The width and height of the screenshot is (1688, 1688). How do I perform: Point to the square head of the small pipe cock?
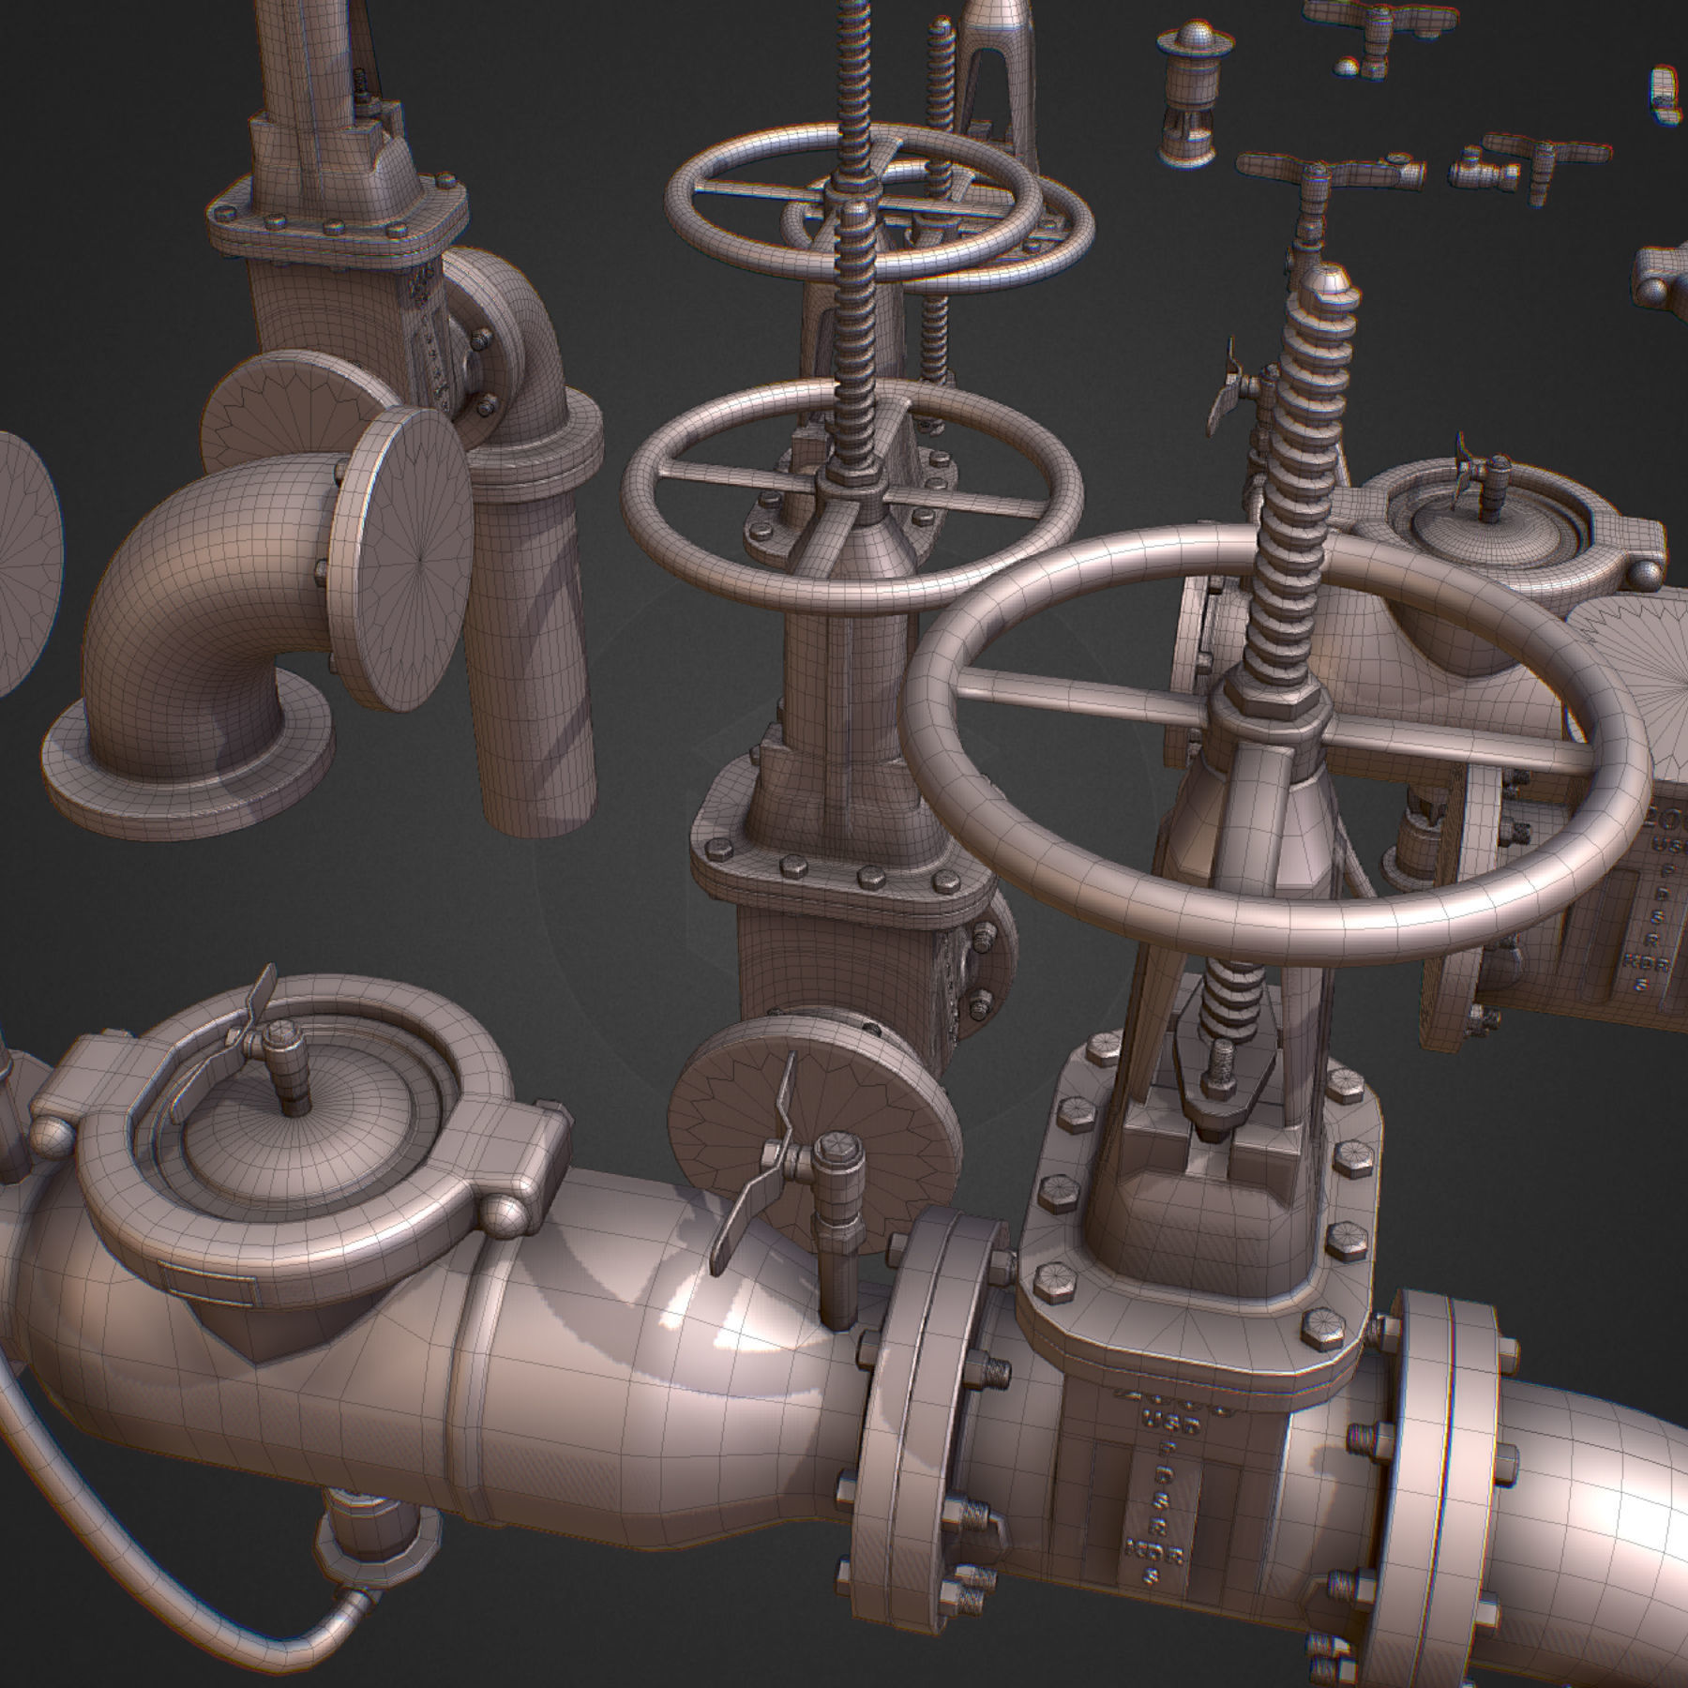pos(833,1153)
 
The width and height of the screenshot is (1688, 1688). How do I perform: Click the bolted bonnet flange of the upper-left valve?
pos(338,225)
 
